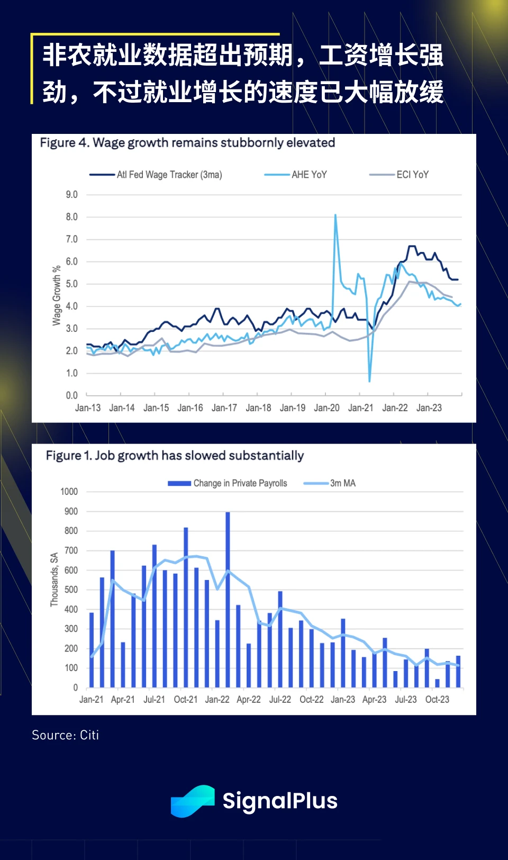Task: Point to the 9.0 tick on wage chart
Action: [71, 195]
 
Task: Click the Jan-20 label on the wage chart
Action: [326, 408]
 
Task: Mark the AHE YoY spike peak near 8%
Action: [335, 215]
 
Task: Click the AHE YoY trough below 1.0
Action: [369, 380]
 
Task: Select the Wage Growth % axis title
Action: [57, 295]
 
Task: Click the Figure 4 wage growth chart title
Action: [187, 143]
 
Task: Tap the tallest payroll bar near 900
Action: [228, 598]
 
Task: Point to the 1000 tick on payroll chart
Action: [69, 492]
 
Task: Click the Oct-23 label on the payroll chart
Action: [437, 700]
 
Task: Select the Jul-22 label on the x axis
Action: [280, 700]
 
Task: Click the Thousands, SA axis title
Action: [54, 580]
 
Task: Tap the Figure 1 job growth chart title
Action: [175, 456]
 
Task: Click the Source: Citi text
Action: [65, 735]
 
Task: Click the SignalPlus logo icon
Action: [193, 801]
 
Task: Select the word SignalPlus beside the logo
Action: [280, 801]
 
